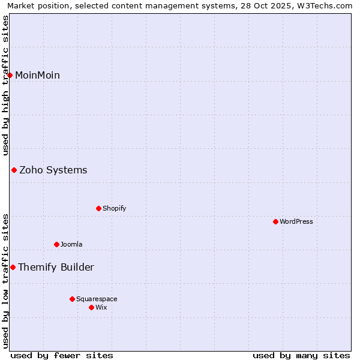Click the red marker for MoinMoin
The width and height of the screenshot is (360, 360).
(10, 75)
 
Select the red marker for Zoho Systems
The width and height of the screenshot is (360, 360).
(14, 170)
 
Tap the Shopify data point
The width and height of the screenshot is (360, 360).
(99, 208)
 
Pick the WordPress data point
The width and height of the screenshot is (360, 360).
(276, 221)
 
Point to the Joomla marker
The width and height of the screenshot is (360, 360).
(57, 244)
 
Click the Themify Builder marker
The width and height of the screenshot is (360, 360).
(13, 267)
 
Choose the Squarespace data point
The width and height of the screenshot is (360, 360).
(73, 299)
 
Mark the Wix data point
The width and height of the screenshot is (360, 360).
(92, 307)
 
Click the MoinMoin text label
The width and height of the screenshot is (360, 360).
(37, 75)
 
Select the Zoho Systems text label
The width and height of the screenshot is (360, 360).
(53, 170)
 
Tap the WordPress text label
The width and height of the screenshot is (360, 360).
(296, 221)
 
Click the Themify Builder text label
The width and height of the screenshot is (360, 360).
(56, 267)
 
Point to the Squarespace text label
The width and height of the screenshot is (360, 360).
(97, 299)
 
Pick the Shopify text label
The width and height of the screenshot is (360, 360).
(114, 208)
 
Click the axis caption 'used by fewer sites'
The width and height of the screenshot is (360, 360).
(62, 355)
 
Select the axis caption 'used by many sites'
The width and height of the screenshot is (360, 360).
(301, 355)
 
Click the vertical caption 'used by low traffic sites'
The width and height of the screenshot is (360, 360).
(5, 281)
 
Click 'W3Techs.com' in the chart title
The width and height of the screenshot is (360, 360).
(326, 5)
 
